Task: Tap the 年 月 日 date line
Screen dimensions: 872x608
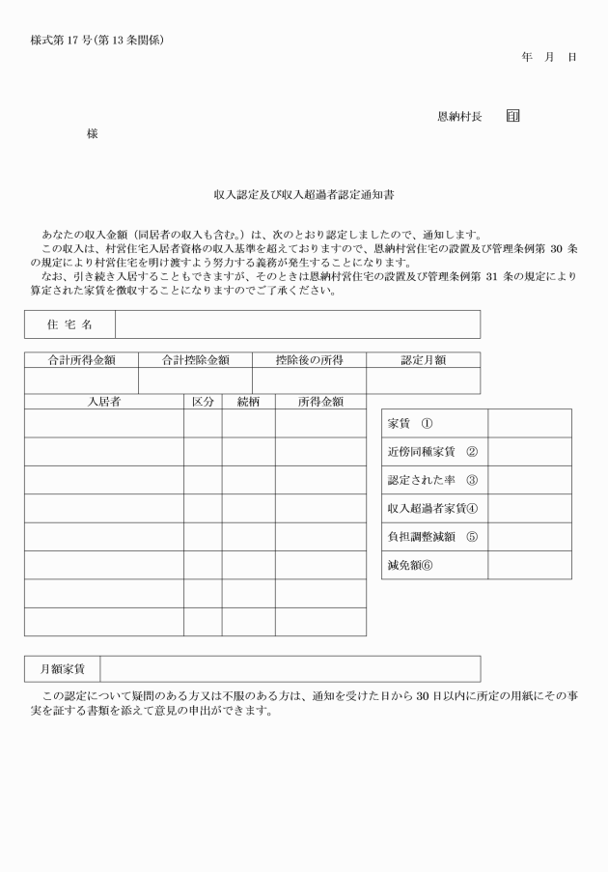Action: point(548,58)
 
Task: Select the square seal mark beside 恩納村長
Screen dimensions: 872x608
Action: point(512,117)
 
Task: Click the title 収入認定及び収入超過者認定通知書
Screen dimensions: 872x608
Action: point(303,195)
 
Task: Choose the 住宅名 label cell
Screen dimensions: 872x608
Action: point(69,324)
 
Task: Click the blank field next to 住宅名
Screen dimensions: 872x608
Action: point(297,324)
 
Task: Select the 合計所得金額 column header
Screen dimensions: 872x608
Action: point(82,360)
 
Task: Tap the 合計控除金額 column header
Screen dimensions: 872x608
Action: point(195,360)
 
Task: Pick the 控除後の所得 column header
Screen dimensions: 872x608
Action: point(309,360)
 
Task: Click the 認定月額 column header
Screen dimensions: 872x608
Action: point(423,360)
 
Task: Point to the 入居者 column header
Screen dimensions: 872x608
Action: point(103,402)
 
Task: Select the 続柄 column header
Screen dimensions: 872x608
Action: point(248,402)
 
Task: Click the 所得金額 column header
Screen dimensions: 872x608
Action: point(320,402)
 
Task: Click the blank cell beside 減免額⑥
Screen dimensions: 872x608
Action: point(529,565)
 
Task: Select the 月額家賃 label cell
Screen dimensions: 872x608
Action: point(62,668)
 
